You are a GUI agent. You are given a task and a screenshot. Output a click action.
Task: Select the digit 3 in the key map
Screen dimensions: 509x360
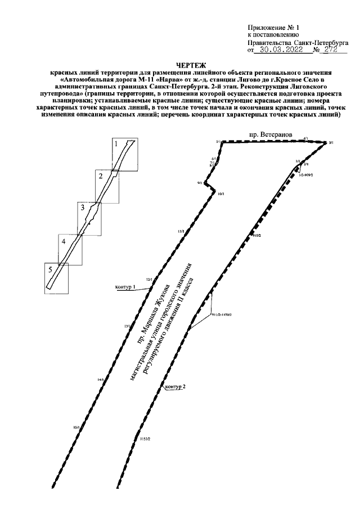point(83,208)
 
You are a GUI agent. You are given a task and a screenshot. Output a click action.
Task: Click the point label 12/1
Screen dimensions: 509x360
point(149,279)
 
